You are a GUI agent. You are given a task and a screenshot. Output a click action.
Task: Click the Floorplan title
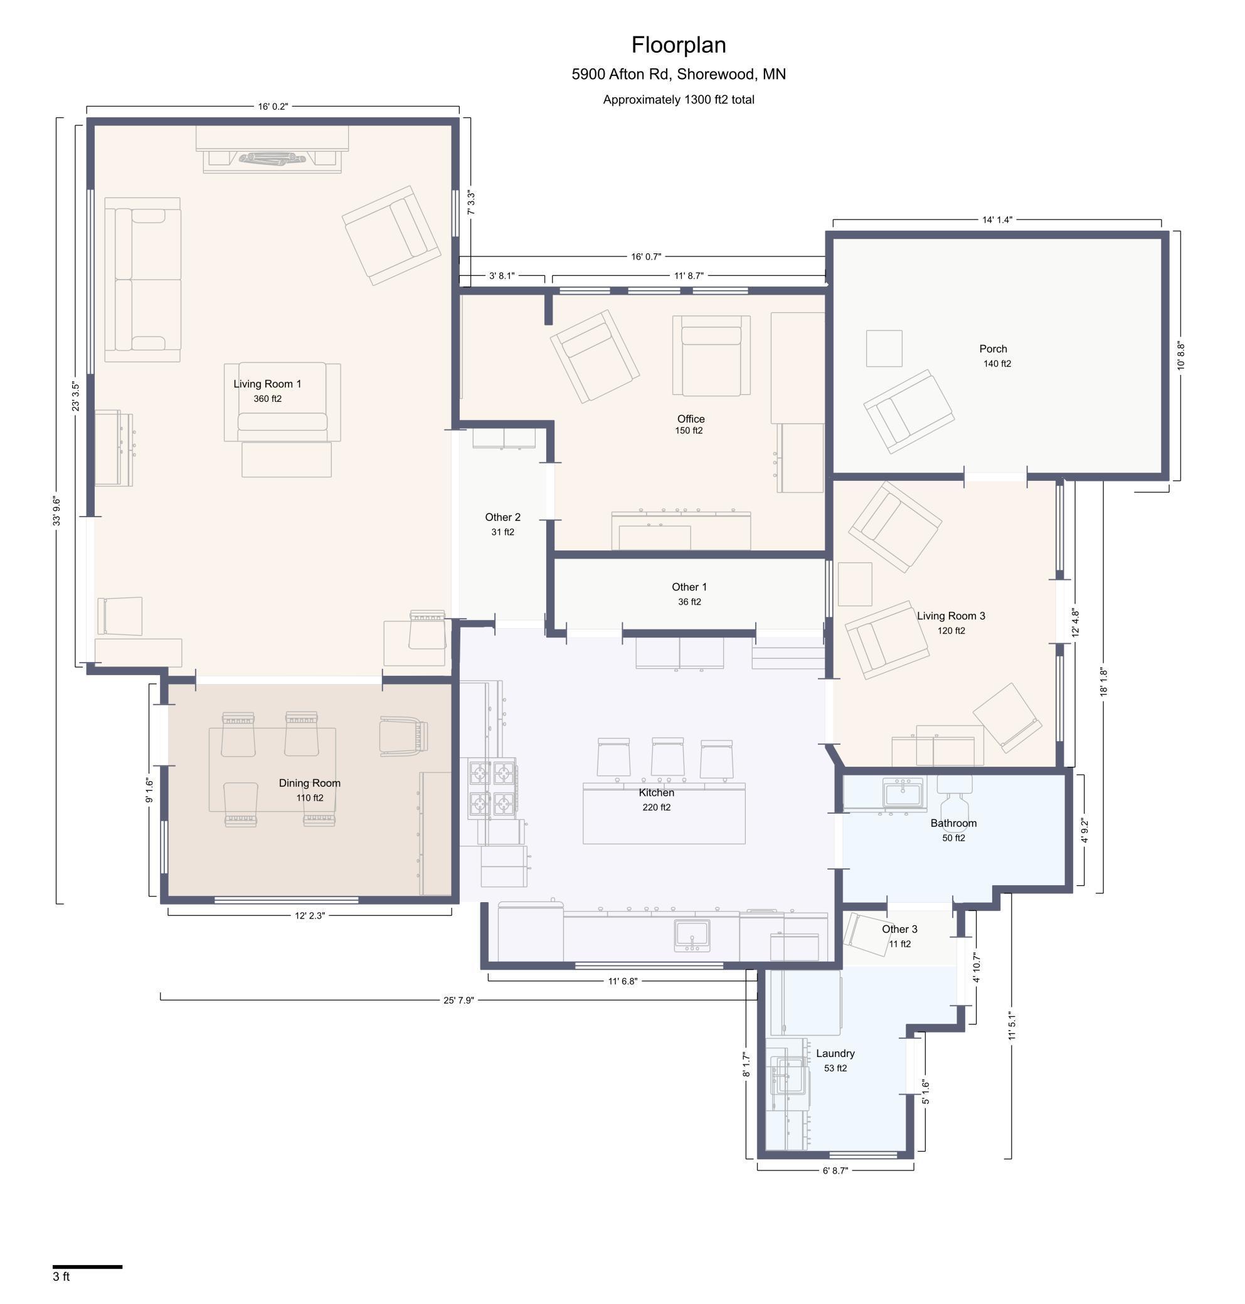(678, 45)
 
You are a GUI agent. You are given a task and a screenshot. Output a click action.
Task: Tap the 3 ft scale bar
(88, 1267)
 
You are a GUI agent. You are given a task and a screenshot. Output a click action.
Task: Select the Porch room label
(993, 349)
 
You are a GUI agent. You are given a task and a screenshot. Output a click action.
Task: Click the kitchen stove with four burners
(492, 789)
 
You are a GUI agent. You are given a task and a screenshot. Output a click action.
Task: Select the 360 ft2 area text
(267, 399)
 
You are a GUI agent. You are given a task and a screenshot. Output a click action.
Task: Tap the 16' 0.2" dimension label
(273, 106)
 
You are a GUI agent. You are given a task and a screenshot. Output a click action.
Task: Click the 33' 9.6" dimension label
(57, 512)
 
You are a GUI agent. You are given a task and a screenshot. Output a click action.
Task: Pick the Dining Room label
(309, 782)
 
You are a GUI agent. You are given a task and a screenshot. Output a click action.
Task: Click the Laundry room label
(835, 1053)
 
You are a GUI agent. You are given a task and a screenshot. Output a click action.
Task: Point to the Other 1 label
(689, 587)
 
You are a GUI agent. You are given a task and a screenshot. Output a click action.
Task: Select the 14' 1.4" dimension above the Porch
(997, 219)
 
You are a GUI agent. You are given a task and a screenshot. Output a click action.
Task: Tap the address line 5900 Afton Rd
(678, 74)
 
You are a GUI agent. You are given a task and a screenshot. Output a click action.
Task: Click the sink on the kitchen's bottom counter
(692, 935)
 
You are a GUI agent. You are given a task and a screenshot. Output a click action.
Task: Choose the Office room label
(690, 419)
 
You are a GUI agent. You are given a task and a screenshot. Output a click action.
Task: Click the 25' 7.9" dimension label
(458, 1000)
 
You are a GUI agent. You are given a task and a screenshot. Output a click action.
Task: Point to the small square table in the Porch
(884, 348)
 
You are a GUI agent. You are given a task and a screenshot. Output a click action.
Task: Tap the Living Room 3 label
(950, 616)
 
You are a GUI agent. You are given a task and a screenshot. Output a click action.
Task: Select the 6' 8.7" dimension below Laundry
(835, 1170)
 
